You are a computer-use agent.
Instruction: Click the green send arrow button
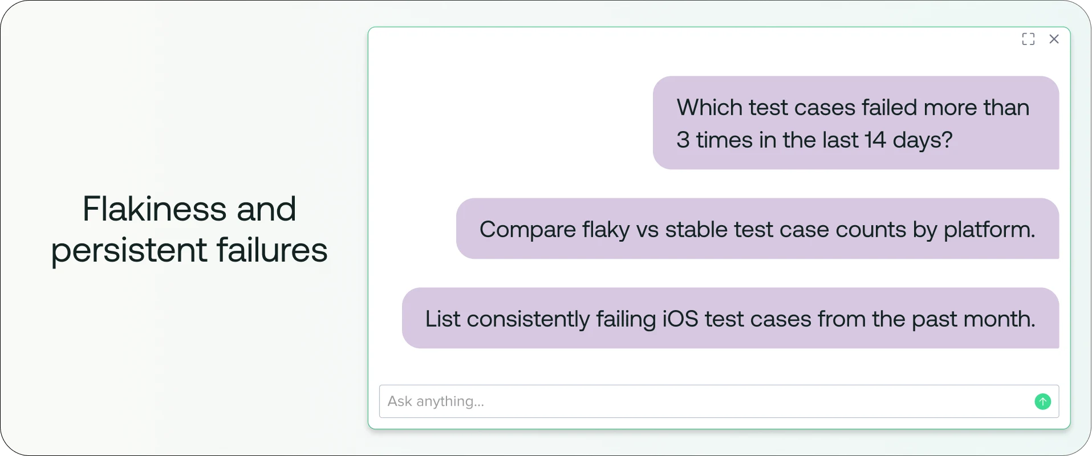[1042, 402]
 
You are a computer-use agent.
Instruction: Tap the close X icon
[1054, 39]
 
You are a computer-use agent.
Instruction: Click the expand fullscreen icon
[1028, 39]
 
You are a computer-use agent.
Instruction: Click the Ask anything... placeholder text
[436, 401]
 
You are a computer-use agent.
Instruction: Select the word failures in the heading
[272, 250]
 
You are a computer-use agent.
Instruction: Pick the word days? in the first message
[923, 140]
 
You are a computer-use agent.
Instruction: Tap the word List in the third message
[443, 319]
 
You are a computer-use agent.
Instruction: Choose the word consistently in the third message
[528, 319]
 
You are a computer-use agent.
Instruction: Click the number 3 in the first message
[683, 140]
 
